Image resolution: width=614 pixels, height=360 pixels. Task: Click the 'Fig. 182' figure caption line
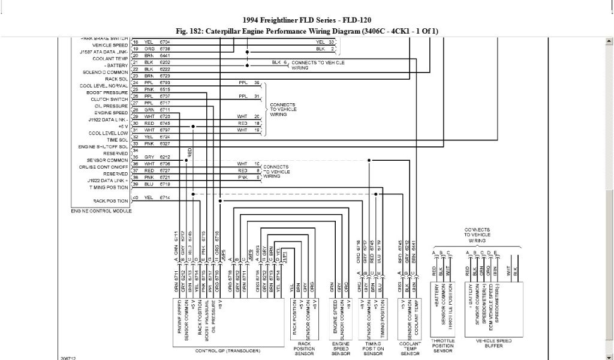306,31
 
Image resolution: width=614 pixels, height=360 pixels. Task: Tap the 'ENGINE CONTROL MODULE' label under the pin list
101,211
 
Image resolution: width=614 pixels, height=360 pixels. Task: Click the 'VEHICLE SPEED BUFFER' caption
494,344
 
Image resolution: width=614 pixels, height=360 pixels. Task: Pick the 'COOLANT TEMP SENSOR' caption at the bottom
410,349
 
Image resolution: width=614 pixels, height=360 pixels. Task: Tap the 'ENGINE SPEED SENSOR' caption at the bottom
339,349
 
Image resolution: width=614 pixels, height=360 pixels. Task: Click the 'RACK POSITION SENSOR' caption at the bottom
304,349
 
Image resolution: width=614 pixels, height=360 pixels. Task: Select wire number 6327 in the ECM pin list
165,144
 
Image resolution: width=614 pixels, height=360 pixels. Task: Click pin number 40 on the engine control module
136,197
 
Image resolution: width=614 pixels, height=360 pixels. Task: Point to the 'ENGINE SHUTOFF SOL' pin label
103,147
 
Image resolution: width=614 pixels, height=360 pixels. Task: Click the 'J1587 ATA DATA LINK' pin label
103,52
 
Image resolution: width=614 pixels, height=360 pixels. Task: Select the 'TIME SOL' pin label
118,139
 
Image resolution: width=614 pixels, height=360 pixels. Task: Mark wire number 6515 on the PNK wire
165,89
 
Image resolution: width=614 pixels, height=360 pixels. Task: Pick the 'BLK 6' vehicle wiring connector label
279,62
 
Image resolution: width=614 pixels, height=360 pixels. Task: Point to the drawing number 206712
68,357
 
